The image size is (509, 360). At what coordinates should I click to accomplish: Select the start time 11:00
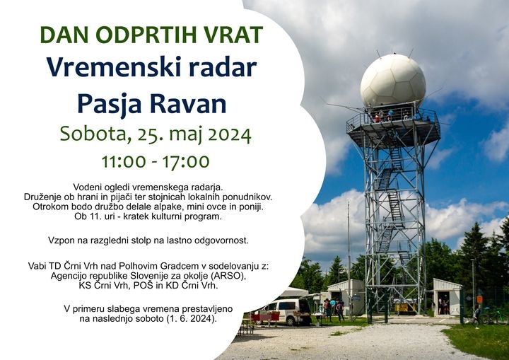124,161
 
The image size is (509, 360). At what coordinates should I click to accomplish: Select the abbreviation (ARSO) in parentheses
228,276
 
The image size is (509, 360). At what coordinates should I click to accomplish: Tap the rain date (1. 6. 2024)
192,319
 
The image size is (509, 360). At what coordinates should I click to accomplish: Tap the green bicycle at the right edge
495,315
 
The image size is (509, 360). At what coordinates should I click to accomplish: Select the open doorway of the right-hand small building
443,303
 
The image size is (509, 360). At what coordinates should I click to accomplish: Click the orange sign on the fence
479,299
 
